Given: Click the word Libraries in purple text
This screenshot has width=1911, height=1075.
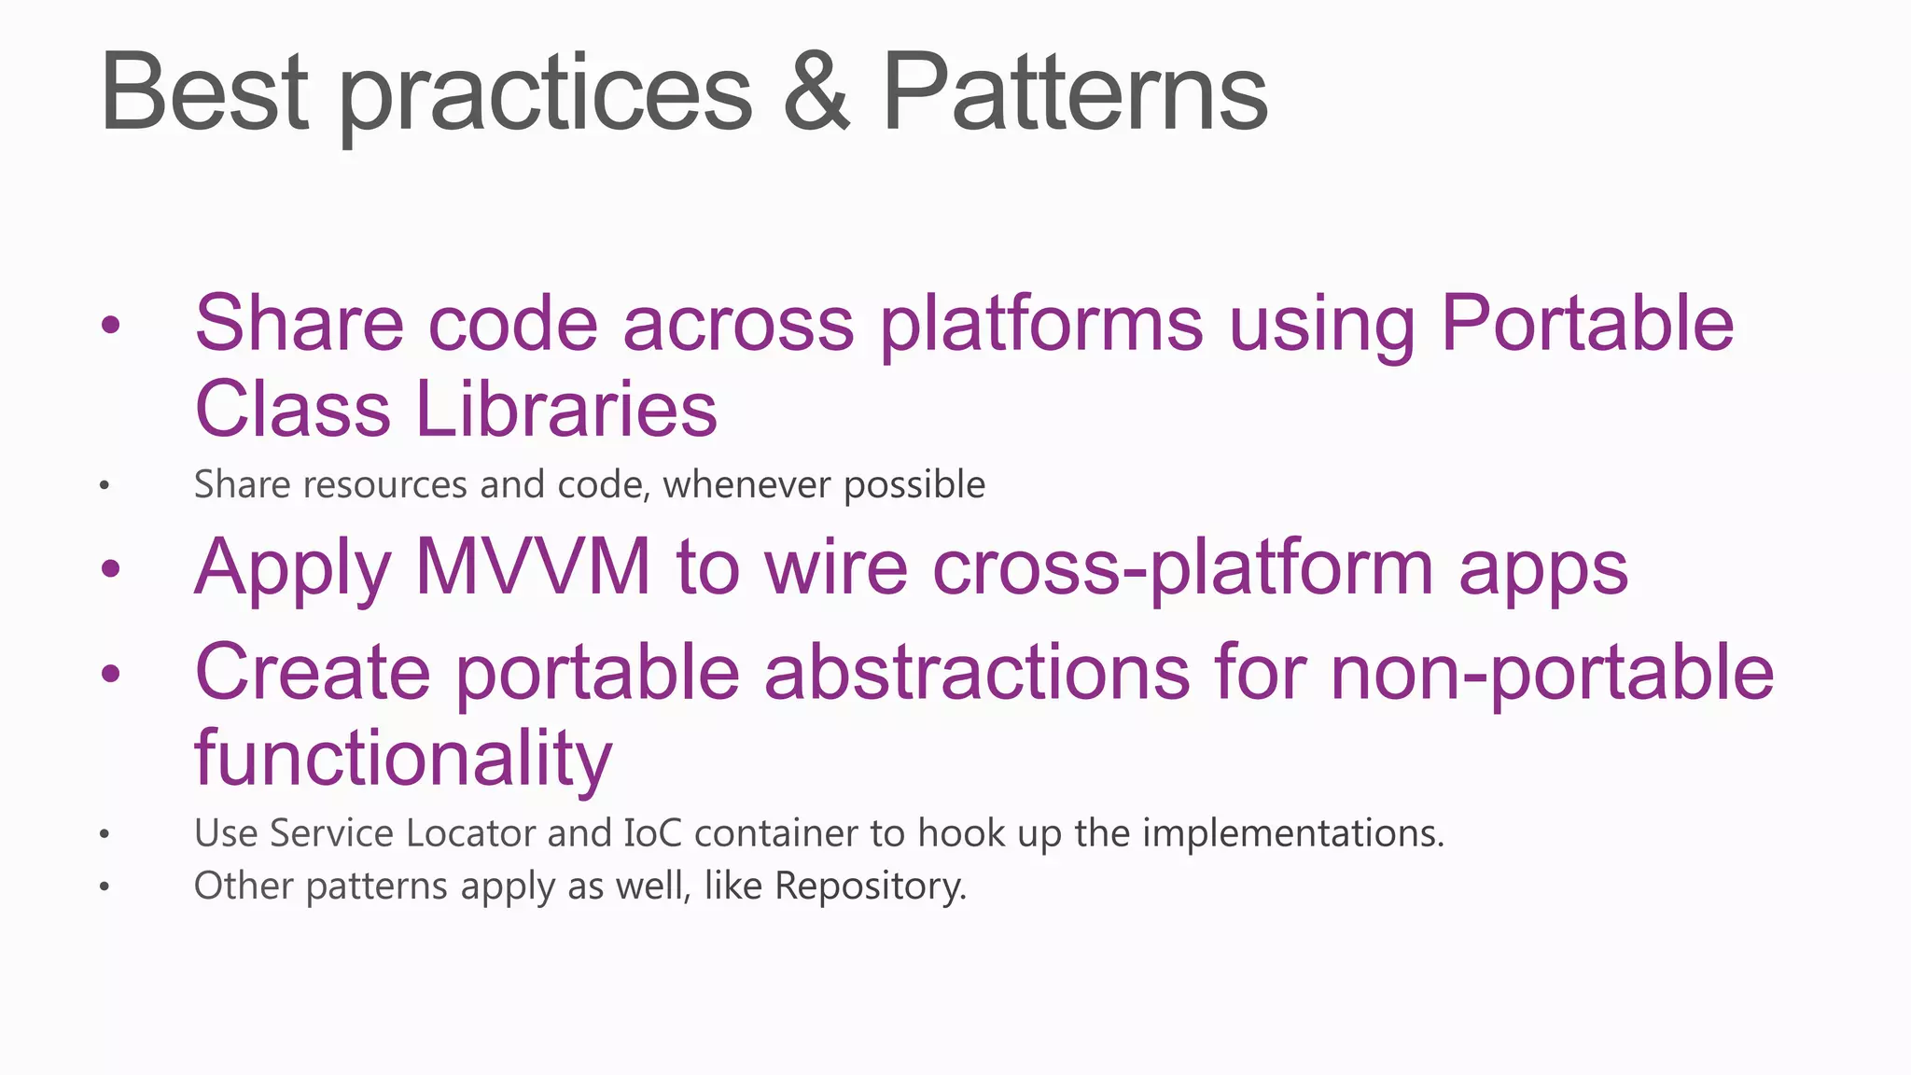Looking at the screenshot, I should pyautogui.click(x=565, y=410).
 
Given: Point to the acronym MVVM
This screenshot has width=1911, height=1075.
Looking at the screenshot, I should pyautogui.click(x=533, y=567).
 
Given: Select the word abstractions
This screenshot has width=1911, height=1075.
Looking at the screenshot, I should pyautogui.click(x=977, y=672).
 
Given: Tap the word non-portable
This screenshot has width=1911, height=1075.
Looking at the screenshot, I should pyautogui.click(x=1552, y=672).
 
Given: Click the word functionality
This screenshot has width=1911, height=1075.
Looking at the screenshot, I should pyautogui.click(x=403, y=758).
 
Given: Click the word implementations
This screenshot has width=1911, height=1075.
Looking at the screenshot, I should pyautogui.click(x=1292, y=833).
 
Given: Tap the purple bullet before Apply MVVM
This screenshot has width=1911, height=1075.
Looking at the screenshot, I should pyautogui.click(x=111, y=568).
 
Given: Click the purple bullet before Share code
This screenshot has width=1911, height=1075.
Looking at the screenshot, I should pyautogui.click(x=111, y=325).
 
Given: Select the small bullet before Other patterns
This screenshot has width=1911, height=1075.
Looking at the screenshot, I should pyautogui.click(x=105, y=887).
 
